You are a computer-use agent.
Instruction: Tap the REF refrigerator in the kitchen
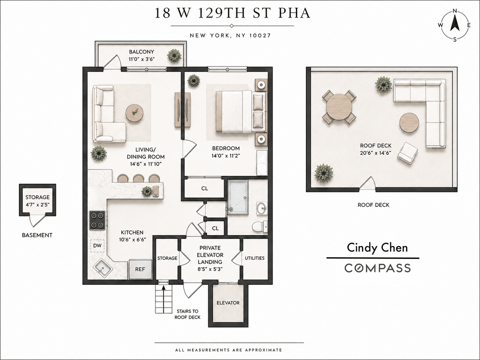point(140,269)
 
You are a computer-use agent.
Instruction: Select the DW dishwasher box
point(97,246)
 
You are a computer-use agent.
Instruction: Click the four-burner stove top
point(97,220)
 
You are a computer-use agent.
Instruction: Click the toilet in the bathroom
point(260,227)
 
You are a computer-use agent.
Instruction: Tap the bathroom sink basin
point(262,208)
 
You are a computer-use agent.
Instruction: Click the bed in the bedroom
point(242,112)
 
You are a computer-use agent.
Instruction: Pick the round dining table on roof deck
point(339,107)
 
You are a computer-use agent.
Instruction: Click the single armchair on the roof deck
point(407,153)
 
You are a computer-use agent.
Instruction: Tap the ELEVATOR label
point(228,303)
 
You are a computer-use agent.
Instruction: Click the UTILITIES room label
point(254,258)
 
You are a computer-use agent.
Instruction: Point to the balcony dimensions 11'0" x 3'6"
point(142,59)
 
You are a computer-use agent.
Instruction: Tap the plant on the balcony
point(174,56)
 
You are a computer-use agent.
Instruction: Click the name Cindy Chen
point(377,248)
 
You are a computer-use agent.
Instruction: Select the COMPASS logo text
point(378,268)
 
